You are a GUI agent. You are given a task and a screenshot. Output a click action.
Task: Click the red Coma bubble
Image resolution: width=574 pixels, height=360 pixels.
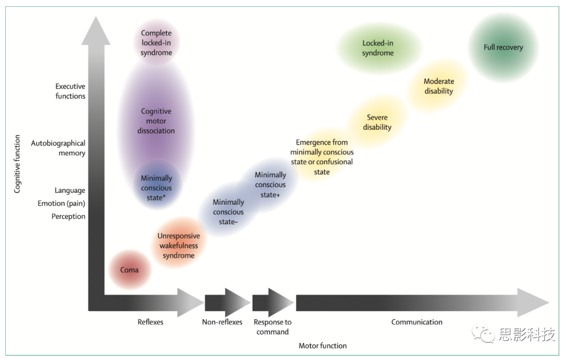129,270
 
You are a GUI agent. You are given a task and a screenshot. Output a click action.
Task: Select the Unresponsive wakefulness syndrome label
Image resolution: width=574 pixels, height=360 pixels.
179,246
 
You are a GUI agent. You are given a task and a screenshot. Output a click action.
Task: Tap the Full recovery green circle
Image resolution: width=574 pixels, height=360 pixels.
503,47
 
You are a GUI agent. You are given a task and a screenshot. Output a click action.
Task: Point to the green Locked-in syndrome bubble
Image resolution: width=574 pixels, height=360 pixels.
378,48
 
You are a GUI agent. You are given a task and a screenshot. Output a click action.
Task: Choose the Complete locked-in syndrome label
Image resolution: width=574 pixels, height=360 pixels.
156,43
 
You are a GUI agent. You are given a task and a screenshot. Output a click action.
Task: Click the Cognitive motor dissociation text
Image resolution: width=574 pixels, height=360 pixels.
156,121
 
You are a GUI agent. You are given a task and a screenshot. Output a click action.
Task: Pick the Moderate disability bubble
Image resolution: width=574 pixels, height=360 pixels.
438,86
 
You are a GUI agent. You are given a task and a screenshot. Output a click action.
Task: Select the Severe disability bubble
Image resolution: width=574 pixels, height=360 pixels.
377,122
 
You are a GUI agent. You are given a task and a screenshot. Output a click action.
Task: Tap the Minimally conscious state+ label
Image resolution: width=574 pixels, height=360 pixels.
271,185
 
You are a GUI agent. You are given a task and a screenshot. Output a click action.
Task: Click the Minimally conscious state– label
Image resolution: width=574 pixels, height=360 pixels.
229,212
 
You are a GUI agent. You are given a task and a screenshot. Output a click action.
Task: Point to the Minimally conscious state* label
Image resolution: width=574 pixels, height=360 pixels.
156,188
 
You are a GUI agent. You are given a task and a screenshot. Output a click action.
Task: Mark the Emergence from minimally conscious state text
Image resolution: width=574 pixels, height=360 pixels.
322,157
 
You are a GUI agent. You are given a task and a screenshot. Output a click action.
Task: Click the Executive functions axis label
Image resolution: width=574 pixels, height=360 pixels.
70,91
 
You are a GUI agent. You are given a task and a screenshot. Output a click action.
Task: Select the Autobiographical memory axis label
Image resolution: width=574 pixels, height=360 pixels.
58,148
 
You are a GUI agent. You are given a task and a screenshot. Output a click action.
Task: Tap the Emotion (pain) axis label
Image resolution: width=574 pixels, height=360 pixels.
61,203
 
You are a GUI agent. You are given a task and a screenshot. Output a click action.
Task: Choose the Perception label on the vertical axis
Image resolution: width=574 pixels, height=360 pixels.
68,216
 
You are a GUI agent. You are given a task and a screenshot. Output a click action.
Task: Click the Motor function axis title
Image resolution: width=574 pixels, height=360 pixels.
323,346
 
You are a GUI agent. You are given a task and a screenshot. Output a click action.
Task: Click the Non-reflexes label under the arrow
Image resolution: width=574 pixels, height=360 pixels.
222,322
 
